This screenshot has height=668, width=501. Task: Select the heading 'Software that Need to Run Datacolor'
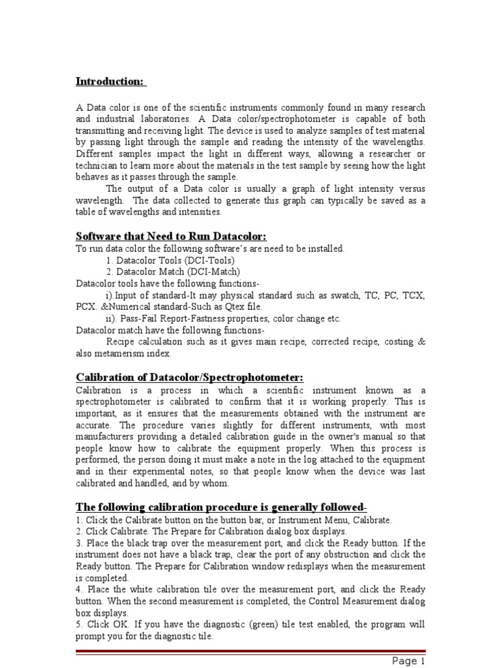coord(172,236)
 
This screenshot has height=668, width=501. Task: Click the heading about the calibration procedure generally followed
coord(220,507)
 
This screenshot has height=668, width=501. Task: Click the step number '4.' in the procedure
coord(80,590)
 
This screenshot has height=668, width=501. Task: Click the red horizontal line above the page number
coord(250,652)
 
